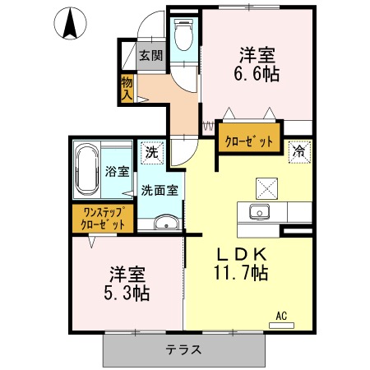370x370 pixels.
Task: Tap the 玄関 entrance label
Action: click(x=150, y=56)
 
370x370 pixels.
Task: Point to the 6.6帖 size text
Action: click(x=257, y=74)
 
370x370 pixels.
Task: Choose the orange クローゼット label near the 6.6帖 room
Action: click(x=249, y=141)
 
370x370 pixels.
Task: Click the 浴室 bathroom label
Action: click(x=117, y=172)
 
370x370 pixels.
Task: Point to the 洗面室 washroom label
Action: click(x=159, y=191)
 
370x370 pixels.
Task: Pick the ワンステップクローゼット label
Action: click(x=103, y=218)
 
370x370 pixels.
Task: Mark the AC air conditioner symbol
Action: click(x=281, y=317)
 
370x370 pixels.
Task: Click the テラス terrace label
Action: click(x=183, y=349)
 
